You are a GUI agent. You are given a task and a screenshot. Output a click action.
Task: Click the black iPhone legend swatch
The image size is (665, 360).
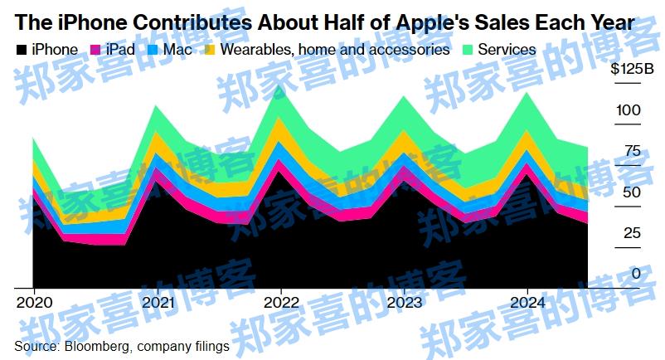pos(21,50)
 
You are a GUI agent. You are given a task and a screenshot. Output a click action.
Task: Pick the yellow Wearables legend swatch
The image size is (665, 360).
pos(211,50)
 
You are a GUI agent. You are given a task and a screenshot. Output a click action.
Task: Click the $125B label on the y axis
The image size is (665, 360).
pos(632,70)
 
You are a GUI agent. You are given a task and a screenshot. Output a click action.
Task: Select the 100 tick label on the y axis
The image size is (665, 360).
pos(629,110)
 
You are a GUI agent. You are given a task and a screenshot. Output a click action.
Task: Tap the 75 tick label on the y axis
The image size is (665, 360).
pos(632,151)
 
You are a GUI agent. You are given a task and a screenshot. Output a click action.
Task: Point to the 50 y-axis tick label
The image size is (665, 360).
pos(632,192)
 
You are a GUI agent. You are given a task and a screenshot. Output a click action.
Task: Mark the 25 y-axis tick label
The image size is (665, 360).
pos(632,232)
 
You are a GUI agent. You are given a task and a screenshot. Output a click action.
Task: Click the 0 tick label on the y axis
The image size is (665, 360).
pos(636,273)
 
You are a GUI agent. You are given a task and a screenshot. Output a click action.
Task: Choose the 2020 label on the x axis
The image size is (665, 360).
pos(33,302)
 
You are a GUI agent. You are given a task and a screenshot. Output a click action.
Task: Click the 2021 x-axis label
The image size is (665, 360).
pos(157,302)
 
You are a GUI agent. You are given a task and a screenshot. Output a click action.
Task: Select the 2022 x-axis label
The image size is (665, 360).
pos(280,302)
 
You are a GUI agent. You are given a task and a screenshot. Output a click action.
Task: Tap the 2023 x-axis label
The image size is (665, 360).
pos(404,302)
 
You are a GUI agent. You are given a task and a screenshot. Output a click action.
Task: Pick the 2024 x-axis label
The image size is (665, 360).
pos(528,302)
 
